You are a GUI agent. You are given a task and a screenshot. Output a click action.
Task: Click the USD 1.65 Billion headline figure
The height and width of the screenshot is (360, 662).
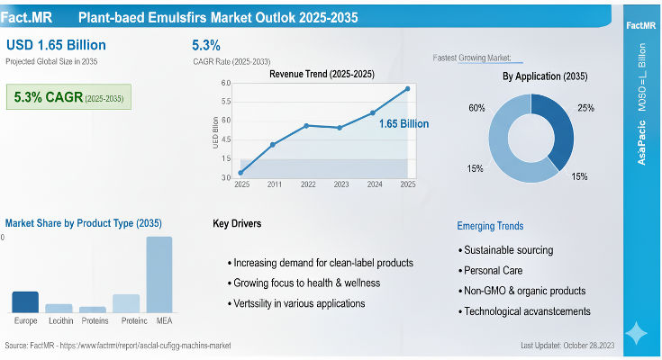(x=56, y=45)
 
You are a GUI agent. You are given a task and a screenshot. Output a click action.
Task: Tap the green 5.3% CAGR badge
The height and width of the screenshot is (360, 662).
(x=68, y=96)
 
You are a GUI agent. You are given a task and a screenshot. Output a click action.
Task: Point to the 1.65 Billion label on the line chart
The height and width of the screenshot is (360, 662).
(x=404, y=123)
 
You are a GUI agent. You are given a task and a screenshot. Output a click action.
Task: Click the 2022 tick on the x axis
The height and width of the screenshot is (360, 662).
(x=308, y=184)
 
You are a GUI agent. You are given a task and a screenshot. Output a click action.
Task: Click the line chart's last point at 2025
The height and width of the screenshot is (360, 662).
(x=408, y=88)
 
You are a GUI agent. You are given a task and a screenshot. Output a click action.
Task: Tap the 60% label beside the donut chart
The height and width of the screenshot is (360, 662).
(x=476, y=108)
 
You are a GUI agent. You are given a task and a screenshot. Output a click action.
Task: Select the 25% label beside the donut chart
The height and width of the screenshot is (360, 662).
(x=585, y=108)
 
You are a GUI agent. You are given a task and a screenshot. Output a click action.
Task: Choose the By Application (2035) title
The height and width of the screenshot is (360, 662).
(x=545, y=76)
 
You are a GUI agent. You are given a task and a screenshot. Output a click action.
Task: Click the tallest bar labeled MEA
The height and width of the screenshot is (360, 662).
(x=159, y=274)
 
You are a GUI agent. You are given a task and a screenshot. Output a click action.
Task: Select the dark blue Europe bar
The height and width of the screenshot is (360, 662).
(x=25, y=301)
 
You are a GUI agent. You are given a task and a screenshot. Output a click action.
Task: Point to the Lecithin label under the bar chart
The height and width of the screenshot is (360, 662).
(x=59, y=320)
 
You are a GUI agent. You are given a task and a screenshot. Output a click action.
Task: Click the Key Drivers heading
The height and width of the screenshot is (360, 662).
(x=239, y=223)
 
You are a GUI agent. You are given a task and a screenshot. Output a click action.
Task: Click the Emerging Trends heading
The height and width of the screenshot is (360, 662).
(x=490, y=226)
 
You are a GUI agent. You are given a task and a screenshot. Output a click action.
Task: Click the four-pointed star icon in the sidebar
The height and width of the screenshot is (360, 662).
(x=636, y=333)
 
